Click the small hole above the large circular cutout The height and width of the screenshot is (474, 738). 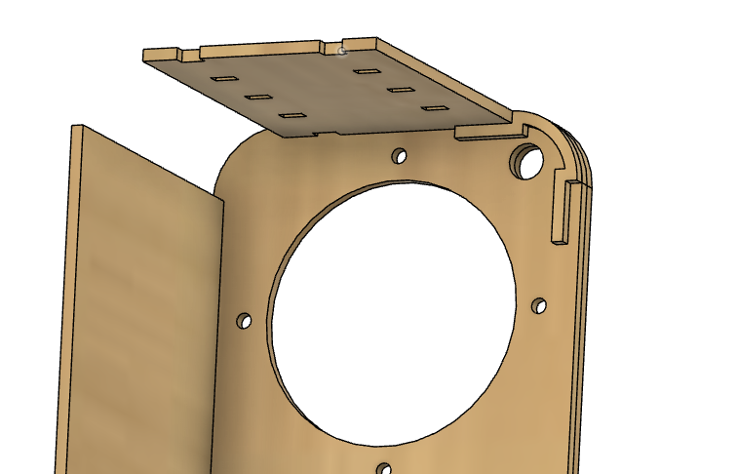(x=399, y=156)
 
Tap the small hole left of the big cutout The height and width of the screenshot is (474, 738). (x=244, y=321)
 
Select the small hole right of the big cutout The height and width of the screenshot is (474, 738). (x=538, y=306)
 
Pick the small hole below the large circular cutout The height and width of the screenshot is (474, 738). (x=384, y=469)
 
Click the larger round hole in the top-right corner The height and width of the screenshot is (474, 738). (x=528, y=161)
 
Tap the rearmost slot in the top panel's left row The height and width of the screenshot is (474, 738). (x=224, y=79)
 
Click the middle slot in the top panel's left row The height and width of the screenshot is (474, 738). (x=257, y=98)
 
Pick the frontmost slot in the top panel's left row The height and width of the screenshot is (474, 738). (x=291, y=117)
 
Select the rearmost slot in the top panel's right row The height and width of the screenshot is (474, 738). (x=366, y=71)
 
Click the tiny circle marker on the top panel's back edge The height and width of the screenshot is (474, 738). (x=341, y=50)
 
